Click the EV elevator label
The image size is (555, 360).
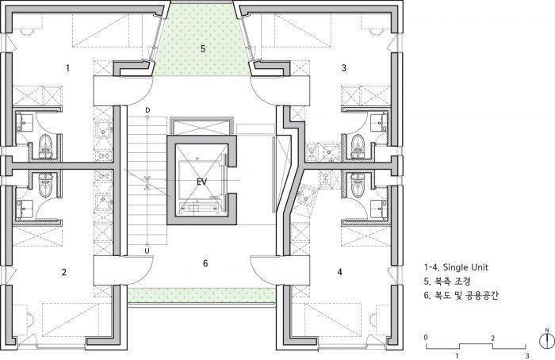[201, 182]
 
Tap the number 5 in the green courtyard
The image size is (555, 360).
[203, 48]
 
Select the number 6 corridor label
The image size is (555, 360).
[205, 263]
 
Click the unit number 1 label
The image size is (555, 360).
[67, 68]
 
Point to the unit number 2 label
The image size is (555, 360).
[63, 272]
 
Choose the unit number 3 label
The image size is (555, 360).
[343, 67]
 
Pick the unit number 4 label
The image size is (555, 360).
[340, 272]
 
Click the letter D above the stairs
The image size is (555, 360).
[147, 110]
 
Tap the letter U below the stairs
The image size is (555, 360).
[147, 251]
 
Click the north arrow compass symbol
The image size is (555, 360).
[547, 339]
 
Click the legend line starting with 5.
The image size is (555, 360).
[447, 281]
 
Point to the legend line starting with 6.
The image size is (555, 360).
[461, 295]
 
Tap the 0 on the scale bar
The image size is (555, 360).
[426, 337]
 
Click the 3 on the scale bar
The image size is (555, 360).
[527, 356]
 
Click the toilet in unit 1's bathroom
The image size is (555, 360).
[45, 145]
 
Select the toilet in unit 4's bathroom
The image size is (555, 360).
[358, 183]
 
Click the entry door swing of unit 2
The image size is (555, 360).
[140, 271]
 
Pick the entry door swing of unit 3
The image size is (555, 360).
[263, 91]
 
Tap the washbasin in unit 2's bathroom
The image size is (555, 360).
[24, 209]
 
